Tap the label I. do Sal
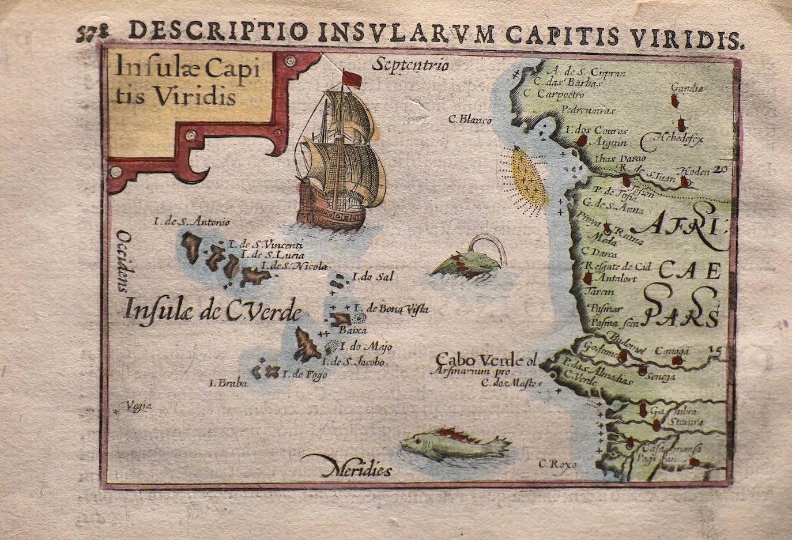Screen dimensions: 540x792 375,277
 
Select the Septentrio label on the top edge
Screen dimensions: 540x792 410,65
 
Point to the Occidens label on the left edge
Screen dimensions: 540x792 122,259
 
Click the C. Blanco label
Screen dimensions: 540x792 470,120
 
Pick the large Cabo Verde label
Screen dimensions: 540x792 486,360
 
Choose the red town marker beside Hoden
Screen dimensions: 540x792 684,182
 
